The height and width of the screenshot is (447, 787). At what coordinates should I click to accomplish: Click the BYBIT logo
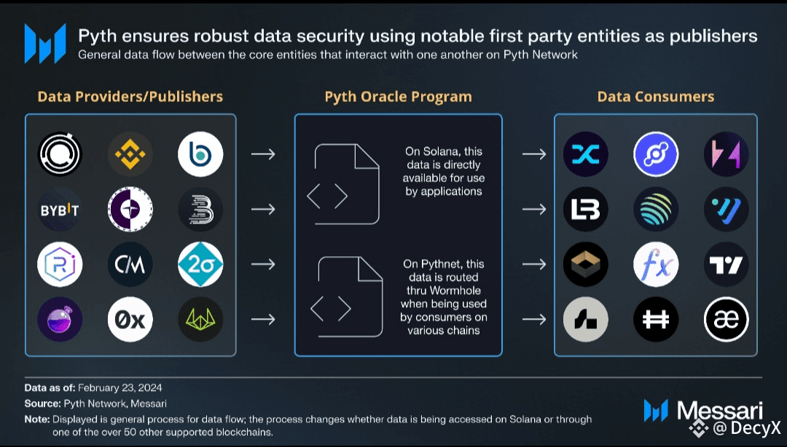[60, 210]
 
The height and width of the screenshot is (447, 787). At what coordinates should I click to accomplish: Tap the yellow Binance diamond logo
[130, 154]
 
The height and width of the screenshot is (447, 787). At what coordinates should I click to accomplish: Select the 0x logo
[130, 319]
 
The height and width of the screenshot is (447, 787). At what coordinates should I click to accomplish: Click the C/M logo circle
[130, 264]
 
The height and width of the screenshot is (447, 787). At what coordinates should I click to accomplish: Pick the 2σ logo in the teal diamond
[200, 264]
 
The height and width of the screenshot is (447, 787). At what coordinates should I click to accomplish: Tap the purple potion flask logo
[60, 319]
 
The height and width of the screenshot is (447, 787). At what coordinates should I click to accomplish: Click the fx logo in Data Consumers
[656, 264]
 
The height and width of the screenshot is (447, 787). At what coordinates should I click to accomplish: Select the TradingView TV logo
[727, 264]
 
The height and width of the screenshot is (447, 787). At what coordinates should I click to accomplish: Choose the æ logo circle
[727, 319]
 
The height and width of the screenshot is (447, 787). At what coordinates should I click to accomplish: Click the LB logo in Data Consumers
[586, 210]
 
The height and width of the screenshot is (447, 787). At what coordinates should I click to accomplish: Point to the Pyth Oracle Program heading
[398, 97]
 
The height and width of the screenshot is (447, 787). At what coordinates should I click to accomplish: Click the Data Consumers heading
[655, 97]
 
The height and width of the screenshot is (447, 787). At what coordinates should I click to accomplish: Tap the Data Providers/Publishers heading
[130, 97]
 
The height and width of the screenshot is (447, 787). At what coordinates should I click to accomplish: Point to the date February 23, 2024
[120, 387]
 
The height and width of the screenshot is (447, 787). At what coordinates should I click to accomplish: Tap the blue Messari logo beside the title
[45, 43]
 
